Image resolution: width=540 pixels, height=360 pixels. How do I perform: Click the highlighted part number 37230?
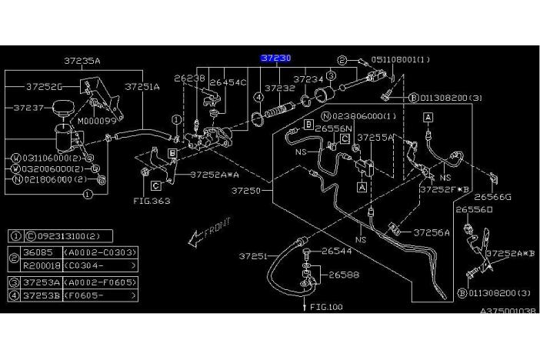[x=275, y=57]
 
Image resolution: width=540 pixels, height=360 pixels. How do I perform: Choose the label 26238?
[x=189, y=78]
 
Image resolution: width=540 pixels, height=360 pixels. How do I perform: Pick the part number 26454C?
[x=228, y=82]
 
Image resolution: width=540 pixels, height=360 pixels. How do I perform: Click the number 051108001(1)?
[x=400, y=59]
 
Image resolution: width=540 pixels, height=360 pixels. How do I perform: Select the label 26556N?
[x=333, y=128]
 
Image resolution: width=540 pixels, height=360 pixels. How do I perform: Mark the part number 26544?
[x=336, y=251]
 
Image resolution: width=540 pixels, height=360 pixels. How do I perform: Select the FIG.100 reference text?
[x=325, y=307]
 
